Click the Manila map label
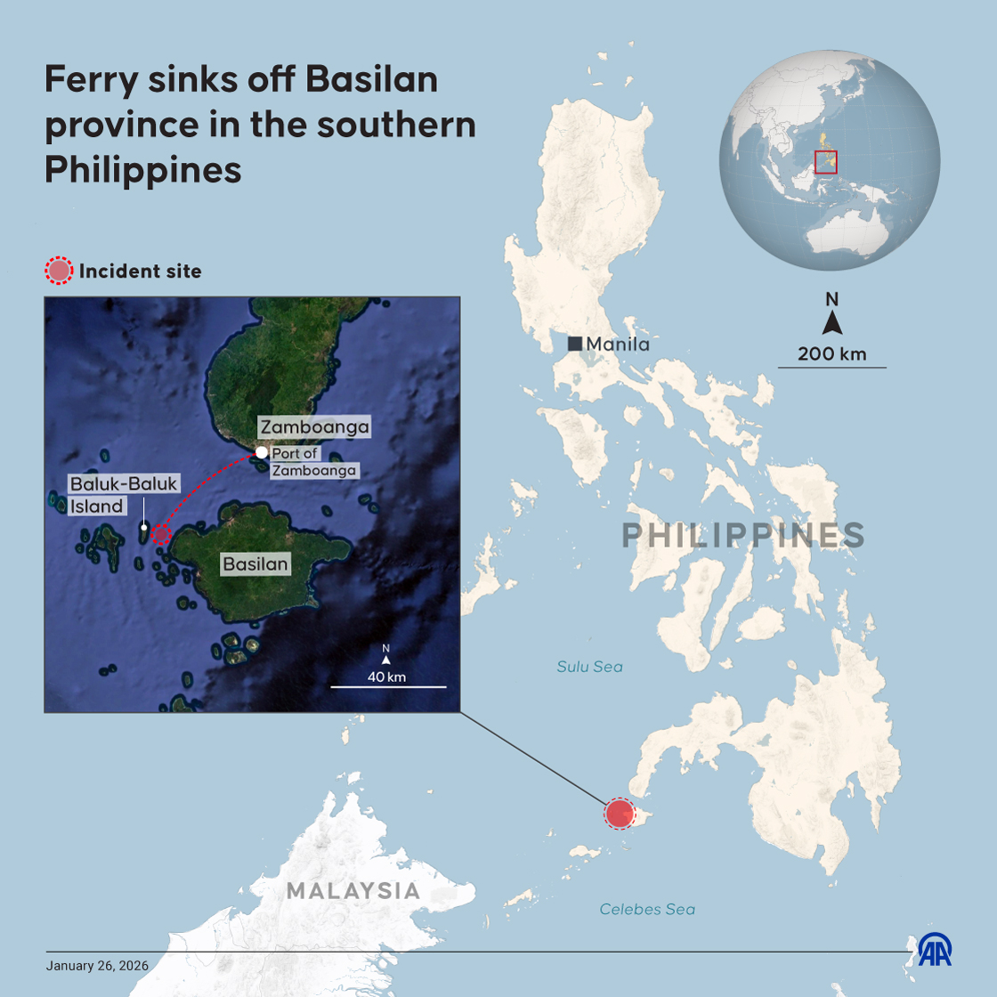tap(618, 344)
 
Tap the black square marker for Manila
tap(575, 344)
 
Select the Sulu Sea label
tap(589, 666)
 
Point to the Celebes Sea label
tap(647, 909)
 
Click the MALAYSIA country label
tap(353, 890)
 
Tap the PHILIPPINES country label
tap(742, 536)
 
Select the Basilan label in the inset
tap(255, 563)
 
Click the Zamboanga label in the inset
tap(314, 427)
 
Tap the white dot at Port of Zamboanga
tap(262, 452)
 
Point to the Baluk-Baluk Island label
tap(124, 495)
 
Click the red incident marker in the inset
tap(160, 533)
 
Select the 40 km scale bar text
tap(386, 677)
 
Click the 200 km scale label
tap(831, 353)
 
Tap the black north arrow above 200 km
tap(831, 322)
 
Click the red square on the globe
tap(825, 161)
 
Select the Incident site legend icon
tap(59, 271)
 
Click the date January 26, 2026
tap(97, 966)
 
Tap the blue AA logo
tap(935, 949)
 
